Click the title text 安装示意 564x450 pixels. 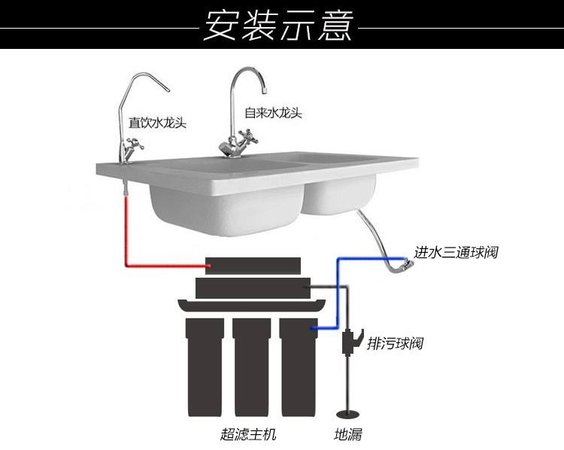[279, 25]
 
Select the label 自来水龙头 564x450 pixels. [274, 112]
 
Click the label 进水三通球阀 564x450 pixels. [456, 252]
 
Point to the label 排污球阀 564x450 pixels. [395, 344]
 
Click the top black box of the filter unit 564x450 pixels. [254, 265]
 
